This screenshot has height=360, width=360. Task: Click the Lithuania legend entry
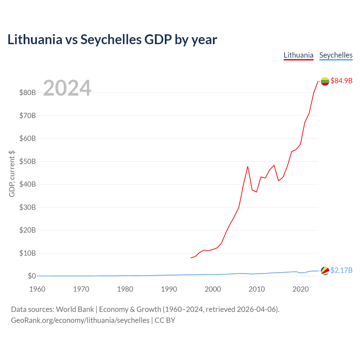click(x=298, y=55)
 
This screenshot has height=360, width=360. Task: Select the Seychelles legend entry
click(x=336, y=55)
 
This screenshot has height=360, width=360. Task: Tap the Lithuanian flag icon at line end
click(x=325, y=81)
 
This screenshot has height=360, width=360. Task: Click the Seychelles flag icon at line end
click(x=325, y=271)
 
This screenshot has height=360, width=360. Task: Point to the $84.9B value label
click(x=341, y=81)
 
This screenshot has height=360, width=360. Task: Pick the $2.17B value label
click(x=341, y=270)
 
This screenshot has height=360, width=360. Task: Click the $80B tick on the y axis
click(x=28, y=93)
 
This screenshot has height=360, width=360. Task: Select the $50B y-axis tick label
click(x=28, y=161)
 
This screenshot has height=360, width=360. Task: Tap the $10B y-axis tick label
click(x=28, y=253)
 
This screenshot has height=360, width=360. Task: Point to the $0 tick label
click(x=32, y=276)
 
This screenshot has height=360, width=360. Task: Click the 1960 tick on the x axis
click(x=37, y=289)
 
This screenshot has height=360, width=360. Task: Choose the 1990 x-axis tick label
click(x=169, y=289)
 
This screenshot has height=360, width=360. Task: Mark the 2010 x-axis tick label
click(x=256, y=289)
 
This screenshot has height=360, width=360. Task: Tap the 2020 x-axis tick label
click(x=300, y=289)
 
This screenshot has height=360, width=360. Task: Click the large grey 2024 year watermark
click(x=67, y=88)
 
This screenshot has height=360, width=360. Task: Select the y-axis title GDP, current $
click(x=12, y=174)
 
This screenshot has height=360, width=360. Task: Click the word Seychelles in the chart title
click(x=111, y=40)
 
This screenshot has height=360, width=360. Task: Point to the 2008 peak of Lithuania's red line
click(x=248, y=166)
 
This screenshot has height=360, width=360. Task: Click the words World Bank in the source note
click(x=75, y=309)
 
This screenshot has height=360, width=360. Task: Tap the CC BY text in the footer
click(x=165, y=320)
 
